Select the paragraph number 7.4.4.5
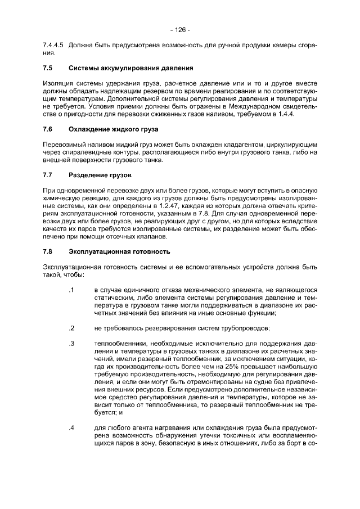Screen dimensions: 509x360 click(x=53, y=45)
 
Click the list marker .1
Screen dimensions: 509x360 click(x=71, y=290)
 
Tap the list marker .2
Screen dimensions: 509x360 click(x=71, y=328)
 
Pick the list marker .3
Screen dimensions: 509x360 click(x=71, y=343)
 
